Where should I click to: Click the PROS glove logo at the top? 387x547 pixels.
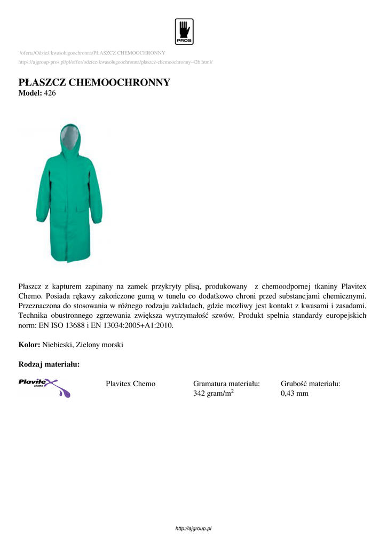184,32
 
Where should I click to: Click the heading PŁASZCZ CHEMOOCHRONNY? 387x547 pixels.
94,82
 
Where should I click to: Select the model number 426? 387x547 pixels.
50,93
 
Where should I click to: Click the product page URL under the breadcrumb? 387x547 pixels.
115,62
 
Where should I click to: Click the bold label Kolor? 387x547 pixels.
29,345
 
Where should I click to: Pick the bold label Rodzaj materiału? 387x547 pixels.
49,364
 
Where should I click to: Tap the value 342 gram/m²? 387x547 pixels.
213,394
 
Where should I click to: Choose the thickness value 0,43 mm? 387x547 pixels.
294,394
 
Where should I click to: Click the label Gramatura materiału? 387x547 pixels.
226,384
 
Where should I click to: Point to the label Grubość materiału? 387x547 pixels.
310,384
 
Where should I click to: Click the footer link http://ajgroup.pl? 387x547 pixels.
194,528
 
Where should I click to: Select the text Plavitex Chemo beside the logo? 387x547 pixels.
131,384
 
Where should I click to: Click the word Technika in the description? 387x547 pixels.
34,315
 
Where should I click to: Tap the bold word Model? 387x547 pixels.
29,93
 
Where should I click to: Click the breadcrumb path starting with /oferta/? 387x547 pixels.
92,53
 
